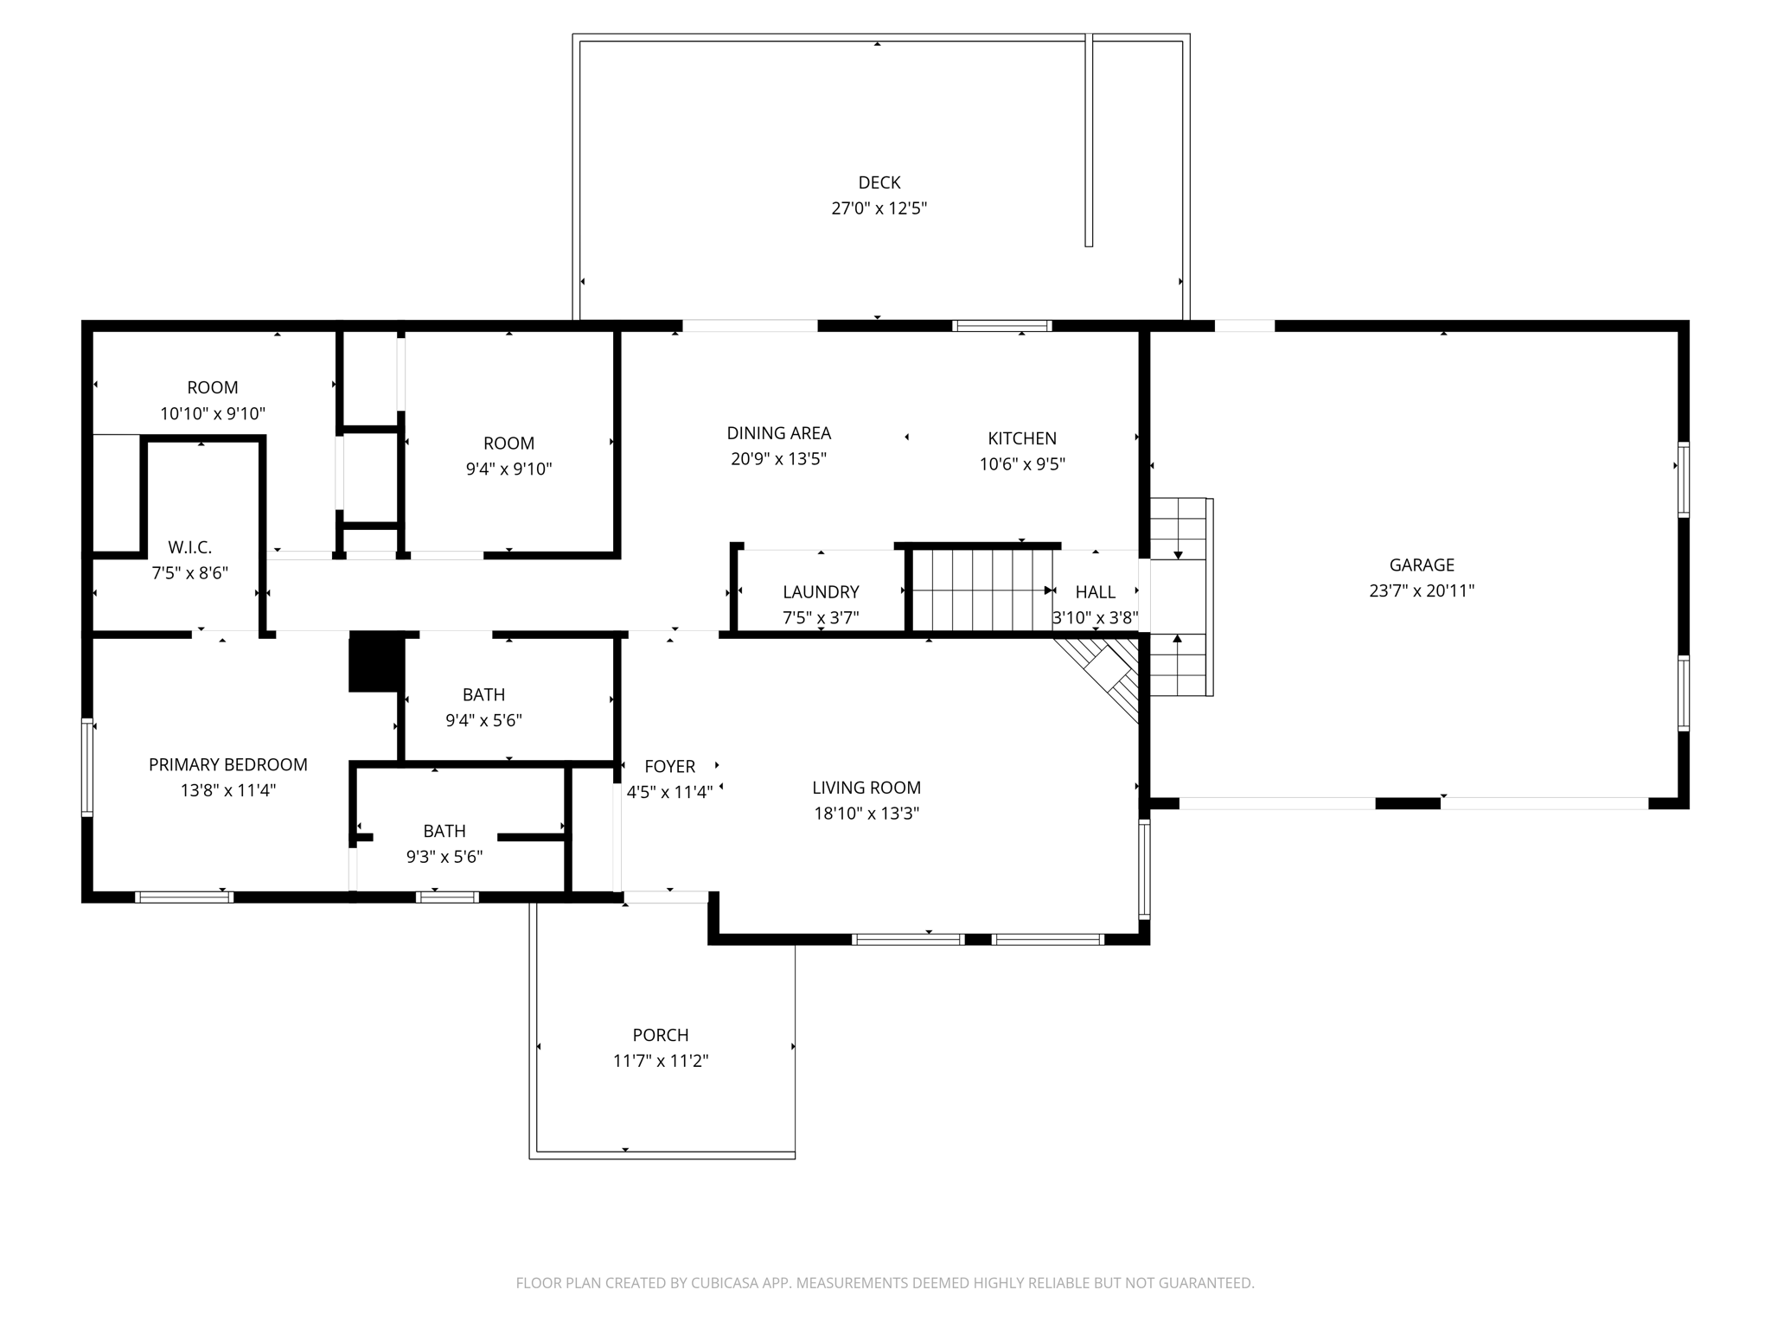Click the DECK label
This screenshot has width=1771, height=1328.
879,182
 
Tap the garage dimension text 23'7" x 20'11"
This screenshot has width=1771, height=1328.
1421,591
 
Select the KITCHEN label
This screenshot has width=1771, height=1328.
1021,438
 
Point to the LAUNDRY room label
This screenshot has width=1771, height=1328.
820,592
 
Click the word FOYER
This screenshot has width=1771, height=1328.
669,766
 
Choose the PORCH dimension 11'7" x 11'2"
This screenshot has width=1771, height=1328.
661,1061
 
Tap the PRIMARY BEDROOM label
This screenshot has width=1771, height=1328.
227,764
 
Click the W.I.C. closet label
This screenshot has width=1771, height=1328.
189,547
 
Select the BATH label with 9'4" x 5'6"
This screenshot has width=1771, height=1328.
483,694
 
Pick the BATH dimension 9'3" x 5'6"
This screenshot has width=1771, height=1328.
444,857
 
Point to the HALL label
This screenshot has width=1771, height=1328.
1095,592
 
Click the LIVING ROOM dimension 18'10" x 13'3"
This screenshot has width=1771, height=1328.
866,814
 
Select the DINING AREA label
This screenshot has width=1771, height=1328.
778,433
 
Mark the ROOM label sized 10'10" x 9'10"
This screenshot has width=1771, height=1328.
212,387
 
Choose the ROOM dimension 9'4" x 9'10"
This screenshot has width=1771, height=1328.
508,469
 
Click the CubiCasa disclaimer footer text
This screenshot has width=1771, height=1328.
885,1283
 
